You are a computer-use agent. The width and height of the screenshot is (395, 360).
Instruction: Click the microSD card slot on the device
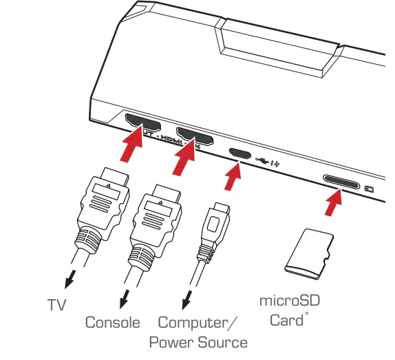point(341,182)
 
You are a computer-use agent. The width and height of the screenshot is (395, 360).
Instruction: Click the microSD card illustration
point(308,253)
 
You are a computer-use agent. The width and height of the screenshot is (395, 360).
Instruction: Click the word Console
point(112,322)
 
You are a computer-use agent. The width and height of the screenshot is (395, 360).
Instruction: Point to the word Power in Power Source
point(170,342)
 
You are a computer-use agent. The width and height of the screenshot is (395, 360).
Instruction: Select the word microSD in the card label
point(290,301)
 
